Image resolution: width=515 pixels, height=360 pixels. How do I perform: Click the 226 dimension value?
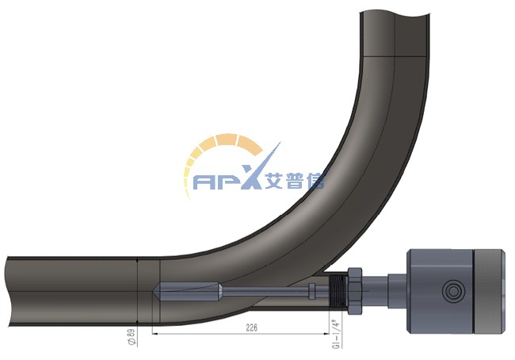[x=252, y=327]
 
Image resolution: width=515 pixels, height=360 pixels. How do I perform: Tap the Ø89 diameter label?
[x=131, y=337]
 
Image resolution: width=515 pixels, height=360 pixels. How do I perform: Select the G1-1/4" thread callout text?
[x=336, y=334]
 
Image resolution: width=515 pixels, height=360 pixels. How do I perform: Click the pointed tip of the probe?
[x=154, y=291]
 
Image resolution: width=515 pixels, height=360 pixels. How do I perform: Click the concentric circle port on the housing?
[x=453, y=291]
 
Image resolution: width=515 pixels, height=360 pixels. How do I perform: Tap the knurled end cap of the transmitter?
[x=488, y=291]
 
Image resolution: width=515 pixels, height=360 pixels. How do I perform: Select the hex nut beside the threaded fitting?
[x=355, y=291]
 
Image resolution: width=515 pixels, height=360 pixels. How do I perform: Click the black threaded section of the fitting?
[x=338, y=291]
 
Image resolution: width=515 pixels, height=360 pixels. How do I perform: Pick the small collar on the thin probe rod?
[x=311, y=291]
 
